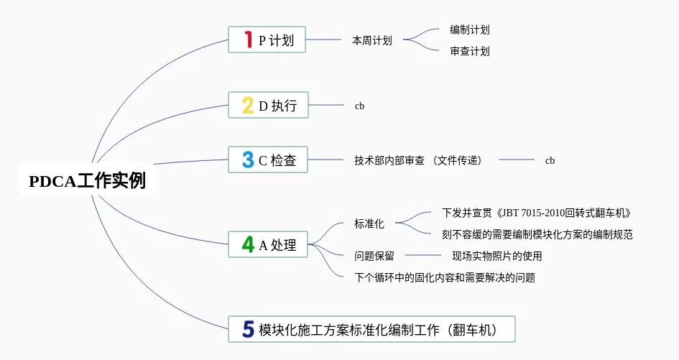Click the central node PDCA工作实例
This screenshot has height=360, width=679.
click(87, 180)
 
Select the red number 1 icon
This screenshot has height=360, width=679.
click(248, 40)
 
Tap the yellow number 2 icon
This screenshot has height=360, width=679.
click(248, 106)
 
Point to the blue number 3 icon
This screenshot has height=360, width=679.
click(248, 160)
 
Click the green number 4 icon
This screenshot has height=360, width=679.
click(248, 245)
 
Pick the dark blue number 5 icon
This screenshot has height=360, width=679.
click(248, 329)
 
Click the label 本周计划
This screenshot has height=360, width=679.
click(371, 40)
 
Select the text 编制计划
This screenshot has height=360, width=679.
click(470, 29)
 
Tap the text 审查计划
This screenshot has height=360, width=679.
click(470, 51)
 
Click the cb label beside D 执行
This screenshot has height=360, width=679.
click(359, 106)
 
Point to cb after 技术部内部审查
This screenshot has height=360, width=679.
click(550, 160)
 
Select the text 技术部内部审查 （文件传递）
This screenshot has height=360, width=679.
click(417, 160)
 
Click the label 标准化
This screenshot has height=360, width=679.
click(369, 223)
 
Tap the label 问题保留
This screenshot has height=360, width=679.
click(374, 256)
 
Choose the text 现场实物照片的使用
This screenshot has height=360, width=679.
click(496, 256)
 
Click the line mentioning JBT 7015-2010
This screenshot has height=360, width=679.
click(536, 213)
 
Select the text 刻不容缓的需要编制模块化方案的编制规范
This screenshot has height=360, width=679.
click(537, 234)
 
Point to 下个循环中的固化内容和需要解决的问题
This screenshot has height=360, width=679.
click(444, 277)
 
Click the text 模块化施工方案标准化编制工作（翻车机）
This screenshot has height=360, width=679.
click(387, 329)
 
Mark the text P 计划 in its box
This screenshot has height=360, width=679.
click(277, 40)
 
